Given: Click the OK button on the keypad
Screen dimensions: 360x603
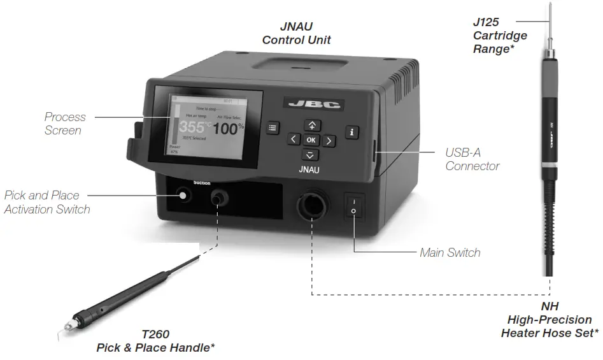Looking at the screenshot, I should click(x=310, y=140).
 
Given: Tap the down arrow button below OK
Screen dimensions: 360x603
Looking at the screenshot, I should click(x=310, y=155).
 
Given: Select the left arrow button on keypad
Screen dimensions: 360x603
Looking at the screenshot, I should click(x=292, y=140).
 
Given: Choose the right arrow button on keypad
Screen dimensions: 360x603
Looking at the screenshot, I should click(x=329, y=140).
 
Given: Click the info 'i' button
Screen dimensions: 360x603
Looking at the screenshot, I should click(x=352, y=132).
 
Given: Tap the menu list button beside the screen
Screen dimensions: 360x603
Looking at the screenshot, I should click(x=273, y=127).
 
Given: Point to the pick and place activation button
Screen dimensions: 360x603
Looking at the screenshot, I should click(x=184, y=195).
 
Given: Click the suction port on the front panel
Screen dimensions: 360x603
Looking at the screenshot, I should click(x=218, y=198).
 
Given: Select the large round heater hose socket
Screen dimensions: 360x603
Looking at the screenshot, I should click(x=311, y=207).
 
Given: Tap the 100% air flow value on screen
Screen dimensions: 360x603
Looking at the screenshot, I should click(x=228, y=129).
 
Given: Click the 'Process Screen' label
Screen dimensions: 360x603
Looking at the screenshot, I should click(x=64, y=124).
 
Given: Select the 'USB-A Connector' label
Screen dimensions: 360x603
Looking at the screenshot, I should click(x=472, y=160).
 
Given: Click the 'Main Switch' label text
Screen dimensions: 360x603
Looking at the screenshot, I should click(x=450, y=253).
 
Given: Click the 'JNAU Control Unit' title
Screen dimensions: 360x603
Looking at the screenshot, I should click(x=296, y=34).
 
